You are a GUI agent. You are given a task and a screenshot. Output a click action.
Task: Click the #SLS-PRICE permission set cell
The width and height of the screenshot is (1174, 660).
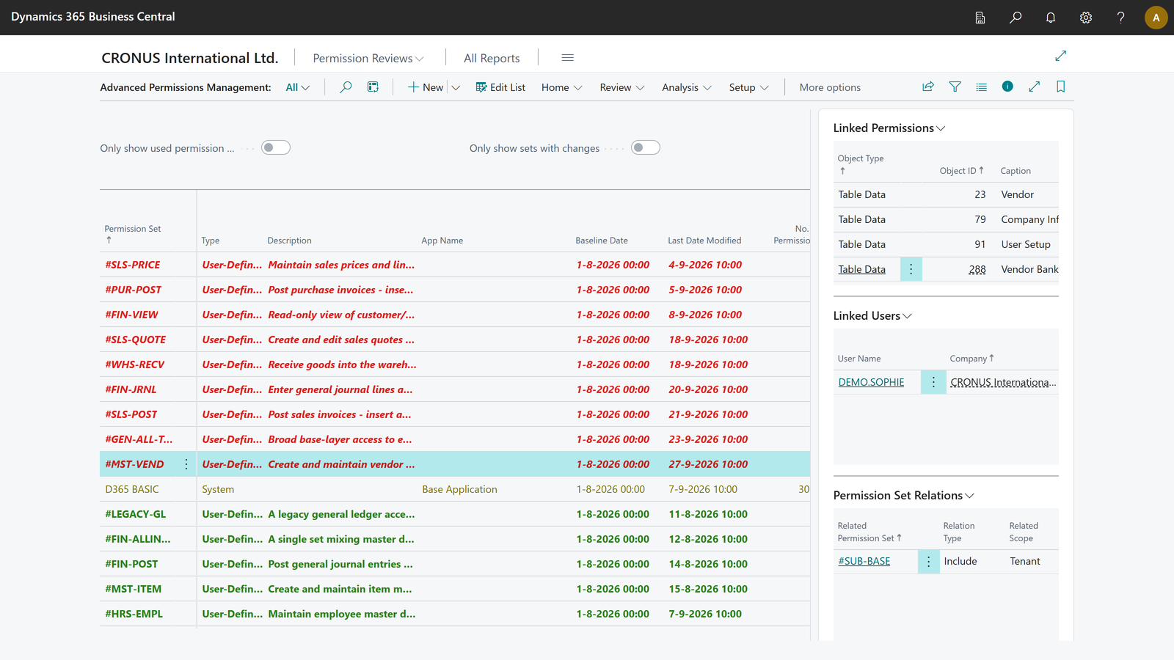(133, 265)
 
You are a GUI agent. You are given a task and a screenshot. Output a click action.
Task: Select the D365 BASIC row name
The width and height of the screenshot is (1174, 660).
(131, 488)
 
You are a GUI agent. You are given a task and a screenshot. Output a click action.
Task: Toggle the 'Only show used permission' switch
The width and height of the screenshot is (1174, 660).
(276, 147)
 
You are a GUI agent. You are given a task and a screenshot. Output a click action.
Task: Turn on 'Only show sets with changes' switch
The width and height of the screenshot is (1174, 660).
(645, 147)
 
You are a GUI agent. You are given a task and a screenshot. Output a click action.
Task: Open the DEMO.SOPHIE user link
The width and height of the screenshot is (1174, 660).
(871, 382)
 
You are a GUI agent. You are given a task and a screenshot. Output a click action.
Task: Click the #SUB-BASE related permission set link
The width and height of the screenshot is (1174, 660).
(864, 561)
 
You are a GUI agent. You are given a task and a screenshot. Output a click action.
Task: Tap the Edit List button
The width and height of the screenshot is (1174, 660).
(500, 87)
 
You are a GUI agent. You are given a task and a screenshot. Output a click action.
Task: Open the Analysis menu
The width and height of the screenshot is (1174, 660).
(687, 87)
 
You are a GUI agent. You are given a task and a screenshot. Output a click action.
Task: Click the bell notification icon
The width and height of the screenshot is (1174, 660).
(1050, 18)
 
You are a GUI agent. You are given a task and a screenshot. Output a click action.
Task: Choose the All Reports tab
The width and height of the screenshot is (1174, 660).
(492, 58)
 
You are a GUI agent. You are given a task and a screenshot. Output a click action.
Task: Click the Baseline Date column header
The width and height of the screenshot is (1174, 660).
(601, 241)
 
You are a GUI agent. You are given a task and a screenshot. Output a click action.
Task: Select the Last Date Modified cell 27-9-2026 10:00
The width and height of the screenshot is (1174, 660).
(708, 464)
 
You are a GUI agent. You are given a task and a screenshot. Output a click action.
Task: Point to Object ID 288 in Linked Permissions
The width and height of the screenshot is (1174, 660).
(977, 269)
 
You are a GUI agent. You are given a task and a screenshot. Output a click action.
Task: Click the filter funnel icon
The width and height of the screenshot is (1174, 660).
(955, 87)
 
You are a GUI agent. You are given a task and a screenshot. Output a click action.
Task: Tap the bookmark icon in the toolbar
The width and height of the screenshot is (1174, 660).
(1060, 87)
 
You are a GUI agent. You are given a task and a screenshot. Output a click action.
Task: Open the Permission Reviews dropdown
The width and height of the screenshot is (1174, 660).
(368, 58)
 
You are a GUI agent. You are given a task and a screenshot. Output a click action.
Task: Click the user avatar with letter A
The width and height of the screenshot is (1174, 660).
(1156, 18)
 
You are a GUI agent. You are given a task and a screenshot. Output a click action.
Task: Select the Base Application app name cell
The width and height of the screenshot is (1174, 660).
(459, 488)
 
